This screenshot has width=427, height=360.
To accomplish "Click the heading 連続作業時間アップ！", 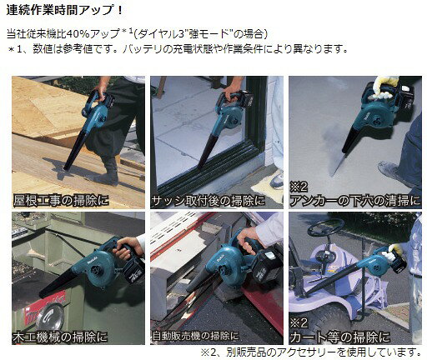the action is (x=64, y=11).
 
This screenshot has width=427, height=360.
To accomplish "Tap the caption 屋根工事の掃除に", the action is (x=61, y=200).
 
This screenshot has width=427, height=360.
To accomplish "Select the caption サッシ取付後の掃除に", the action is (x=208, y=201).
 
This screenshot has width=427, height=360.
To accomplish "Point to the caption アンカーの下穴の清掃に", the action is (x=355, y=201).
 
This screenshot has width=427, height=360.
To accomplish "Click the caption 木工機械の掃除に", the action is (x=60, y=337).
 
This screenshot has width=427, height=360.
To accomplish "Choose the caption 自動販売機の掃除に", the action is (x=195, y=336).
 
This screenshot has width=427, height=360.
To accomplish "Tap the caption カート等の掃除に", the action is (x=339, y=337).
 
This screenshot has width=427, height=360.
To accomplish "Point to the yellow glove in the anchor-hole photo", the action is (x=385, y=87).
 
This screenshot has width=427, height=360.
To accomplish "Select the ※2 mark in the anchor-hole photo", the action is (x=299, y=187).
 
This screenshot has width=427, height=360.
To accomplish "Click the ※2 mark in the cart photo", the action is (x=299, y=323).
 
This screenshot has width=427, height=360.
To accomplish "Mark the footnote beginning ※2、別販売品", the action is (x=310, y=352).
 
